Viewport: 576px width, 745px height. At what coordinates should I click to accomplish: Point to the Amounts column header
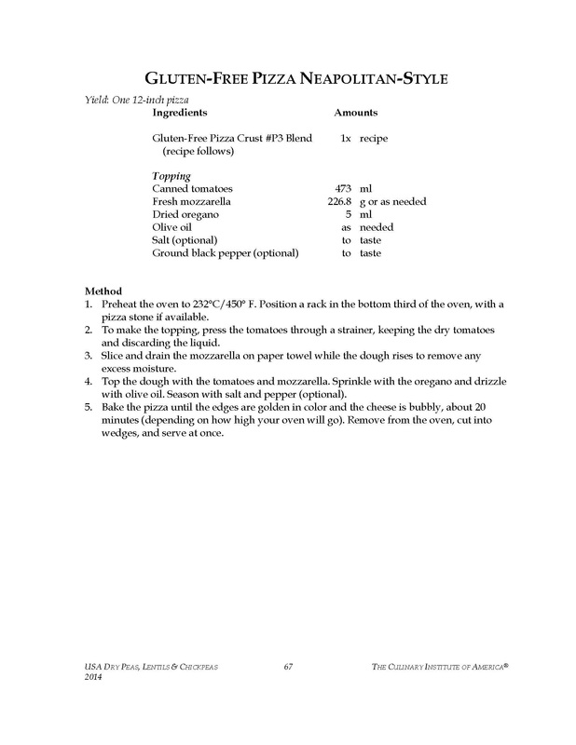(356, 112)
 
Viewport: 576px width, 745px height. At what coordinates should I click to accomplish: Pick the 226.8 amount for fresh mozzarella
(336, 202)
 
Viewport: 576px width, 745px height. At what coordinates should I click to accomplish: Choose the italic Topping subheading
(171, 176)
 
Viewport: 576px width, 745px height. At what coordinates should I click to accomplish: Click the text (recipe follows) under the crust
(198, 150)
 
